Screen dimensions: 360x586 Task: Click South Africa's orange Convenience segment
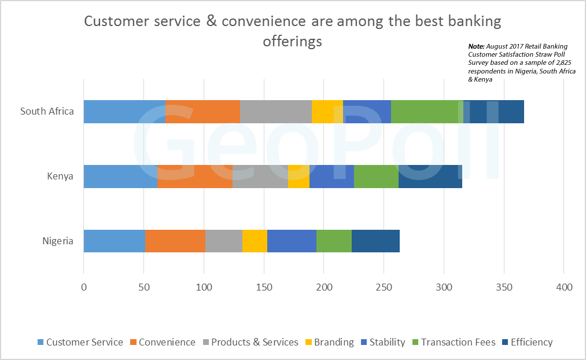point(202,112)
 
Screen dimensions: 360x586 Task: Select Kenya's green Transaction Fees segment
point(376,177)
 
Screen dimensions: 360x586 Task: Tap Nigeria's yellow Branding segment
point(255,241)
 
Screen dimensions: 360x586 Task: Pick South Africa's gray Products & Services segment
point(276,112)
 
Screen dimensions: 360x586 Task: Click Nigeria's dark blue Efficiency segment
point(375,241)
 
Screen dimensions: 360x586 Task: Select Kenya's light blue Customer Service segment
point(120,177)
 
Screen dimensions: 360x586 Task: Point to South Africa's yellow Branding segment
point(327,112)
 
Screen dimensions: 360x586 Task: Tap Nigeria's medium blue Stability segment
point(292,241)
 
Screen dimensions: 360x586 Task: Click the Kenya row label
point(60,176)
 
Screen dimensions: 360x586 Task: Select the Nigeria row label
point(58,241)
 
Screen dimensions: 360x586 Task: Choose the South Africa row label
point(47,111)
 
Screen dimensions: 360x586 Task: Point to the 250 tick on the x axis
point(384,287)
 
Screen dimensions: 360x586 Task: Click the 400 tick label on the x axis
point(563,287)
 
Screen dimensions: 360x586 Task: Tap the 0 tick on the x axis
point(84,287)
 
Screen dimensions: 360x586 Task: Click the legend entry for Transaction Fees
point(458,342)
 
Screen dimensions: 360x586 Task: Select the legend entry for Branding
point(334,342)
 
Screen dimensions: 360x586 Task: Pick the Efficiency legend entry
point(531,342)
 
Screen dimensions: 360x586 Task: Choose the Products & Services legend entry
point(255,342)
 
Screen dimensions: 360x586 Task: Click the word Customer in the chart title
point(113,21)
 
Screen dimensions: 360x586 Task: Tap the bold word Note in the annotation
point(476,46)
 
